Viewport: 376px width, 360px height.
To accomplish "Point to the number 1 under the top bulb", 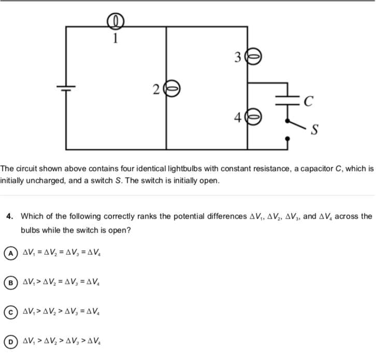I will [x=116, y=37].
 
